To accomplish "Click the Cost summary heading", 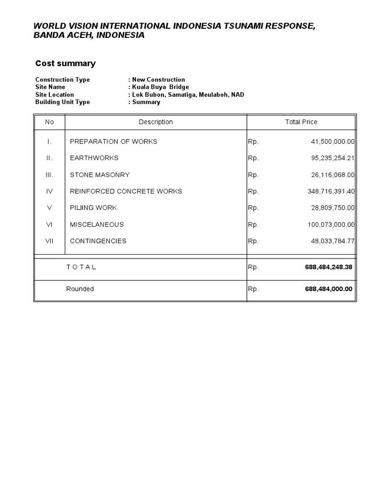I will coord(66,63).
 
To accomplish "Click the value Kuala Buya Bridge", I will coord(161,87).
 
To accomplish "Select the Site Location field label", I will coord(55,95).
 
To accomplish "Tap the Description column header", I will coord(156,122).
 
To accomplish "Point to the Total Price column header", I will coord(301,122).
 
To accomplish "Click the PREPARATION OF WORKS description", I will coord(114,141).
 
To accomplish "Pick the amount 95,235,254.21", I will coord(333,158).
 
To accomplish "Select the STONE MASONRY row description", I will coord(100,175).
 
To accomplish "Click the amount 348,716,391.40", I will coord(331,191).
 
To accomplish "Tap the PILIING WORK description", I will coord(93,208).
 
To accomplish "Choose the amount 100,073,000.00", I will coord(331,224).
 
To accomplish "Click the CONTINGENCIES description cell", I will coord(98,241).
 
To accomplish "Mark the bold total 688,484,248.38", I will coord(328,267).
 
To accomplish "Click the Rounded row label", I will coord(80,289).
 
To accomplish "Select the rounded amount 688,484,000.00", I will coord(328,289).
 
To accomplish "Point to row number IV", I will coord(49,191).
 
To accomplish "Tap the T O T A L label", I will coord(81,267).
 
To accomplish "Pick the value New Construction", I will coord(159,80).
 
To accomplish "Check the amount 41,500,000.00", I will coord(333,141).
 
